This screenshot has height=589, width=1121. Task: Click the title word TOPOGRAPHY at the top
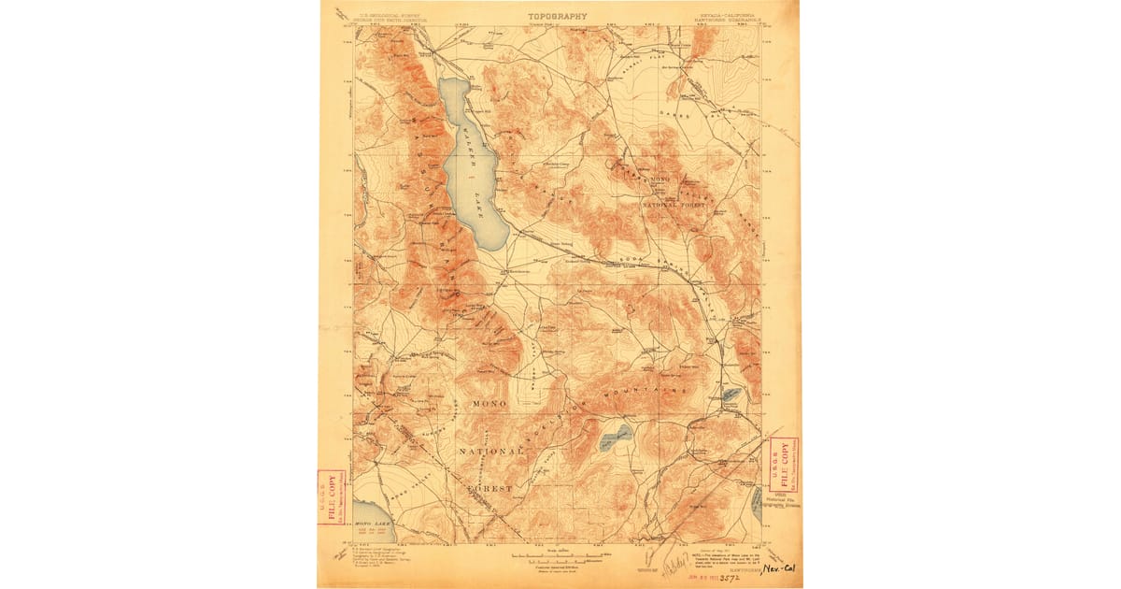click(559, 16)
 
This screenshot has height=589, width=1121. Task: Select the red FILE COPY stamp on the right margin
click(783, 465)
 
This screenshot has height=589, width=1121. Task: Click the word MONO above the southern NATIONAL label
click(490, 403)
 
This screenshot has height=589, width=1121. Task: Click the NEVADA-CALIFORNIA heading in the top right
click(730, 15)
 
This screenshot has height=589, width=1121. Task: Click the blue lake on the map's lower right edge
click(755, 506)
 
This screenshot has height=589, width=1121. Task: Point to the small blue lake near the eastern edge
click(731, 395)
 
